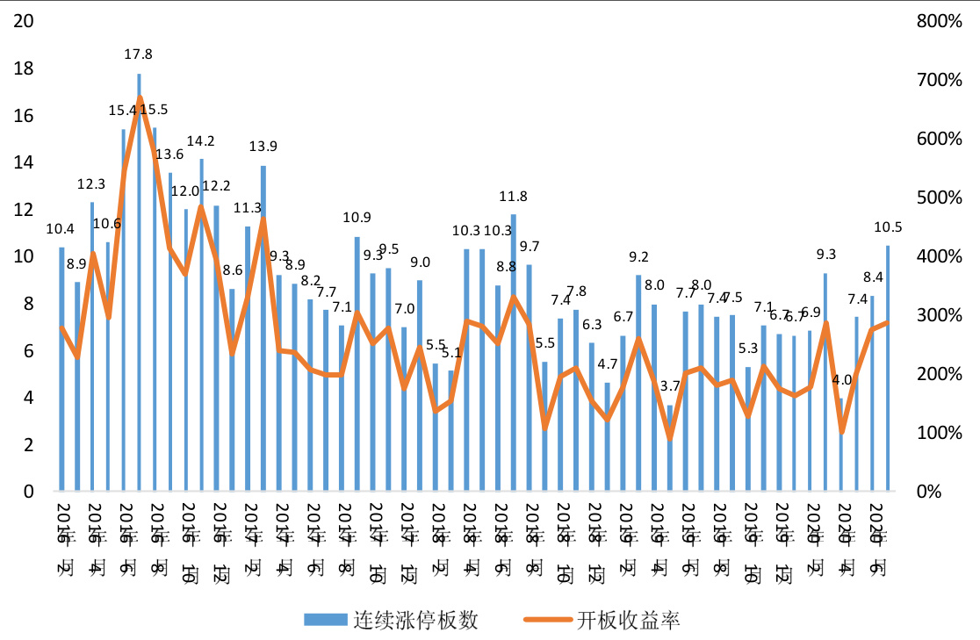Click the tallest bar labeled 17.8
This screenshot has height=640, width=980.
click(x=139, y=281)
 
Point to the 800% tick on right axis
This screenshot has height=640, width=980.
click(x=938, y=21)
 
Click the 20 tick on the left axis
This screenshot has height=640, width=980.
click(x=24, y=21)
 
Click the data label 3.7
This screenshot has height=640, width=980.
click(x=670, y=385)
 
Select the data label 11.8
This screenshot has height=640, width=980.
click(x=513, y=196)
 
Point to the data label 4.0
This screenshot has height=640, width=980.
click(x=842, y=380)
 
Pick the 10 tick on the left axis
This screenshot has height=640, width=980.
click(x=24, y=256)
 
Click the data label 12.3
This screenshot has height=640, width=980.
click(x=91, y=184)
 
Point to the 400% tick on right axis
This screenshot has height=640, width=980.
click(x=938, y=256)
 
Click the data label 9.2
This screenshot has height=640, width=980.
click(x=638, y=256)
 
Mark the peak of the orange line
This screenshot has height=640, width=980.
click(x=140, y=97)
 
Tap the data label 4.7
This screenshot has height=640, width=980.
click(x=608, y=363)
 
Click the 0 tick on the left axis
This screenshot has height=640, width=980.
click(x=28, y=492)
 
